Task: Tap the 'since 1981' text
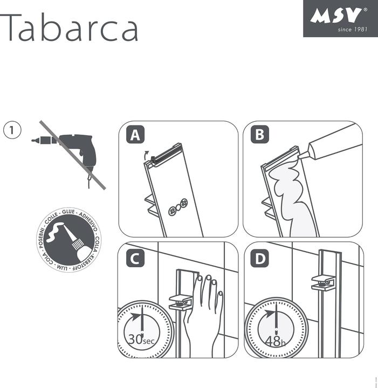point(352,29)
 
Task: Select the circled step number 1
point(12,130)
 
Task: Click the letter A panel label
point(135,135)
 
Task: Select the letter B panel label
point(260,135)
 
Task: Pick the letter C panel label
point(135,259)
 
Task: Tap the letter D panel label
point(260,259)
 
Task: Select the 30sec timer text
point(141,340)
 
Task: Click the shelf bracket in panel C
point(181,302)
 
